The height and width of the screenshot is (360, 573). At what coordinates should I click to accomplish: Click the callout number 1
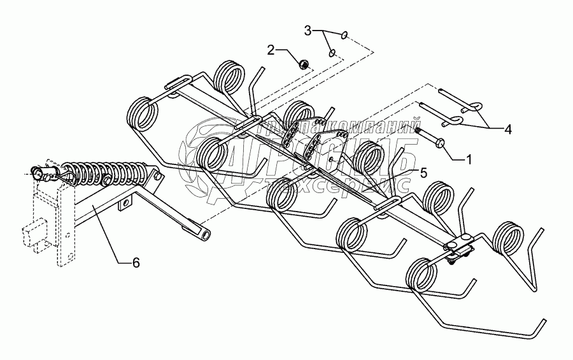click(x=469, y=159)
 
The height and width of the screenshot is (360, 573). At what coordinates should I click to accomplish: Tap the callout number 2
click(x=271, y=50)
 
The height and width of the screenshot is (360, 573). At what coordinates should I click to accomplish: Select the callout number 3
click(x=308, y=30)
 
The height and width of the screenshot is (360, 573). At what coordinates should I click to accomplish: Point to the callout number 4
click(x=507, y=129)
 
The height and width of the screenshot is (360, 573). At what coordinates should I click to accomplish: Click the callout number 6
click(x=136, y=262)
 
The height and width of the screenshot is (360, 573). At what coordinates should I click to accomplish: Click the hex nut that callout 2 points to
click(x=305, y=63)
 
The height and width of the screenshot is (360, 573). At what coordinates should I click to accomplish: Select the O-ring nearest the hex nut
click(x=332, y=54)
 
